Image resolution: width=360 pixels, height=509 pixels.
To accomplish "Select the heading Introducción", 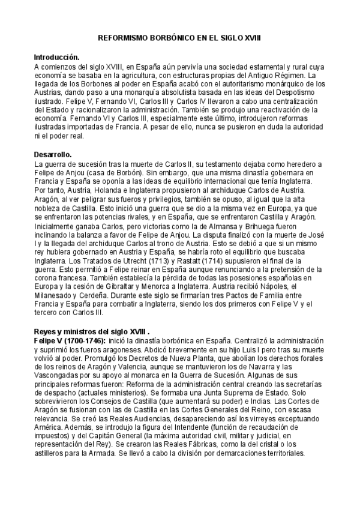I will click(57, 56).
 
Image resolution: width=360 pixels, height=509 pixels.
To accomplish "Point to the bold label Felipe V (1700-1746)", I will click(68, 339).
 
